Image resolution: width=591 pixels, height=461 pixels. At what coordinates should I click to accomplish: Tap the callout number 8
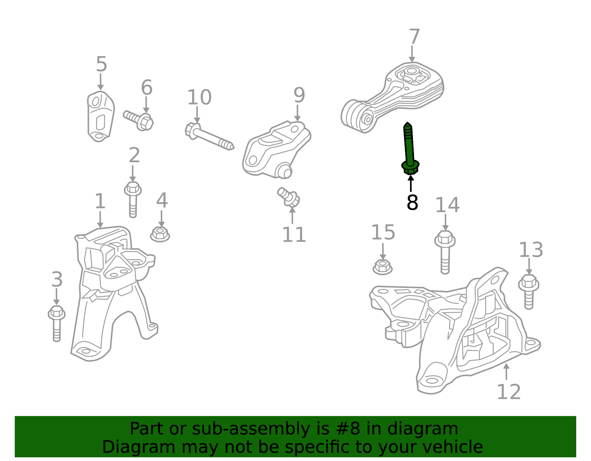pos(412,202)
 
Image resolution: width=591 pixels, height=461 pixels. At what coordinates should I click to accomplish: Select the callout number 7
pos(414,37)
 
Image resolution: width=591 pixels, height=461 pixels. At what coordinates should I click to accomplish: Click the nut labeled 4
pos(160,234)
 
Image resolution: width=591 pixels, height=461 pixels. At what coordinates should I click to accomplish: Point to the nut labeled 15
pos(382,267)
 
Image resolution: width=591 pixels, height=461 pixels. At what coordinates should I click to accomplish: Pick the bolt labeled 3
pos(57,323)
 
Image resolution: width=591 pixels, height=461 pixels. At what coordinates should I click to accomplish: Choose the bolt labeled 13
pos(529,292)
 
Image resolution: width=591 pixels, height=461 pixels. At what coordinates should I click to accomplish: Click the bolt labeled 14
pos(445,252)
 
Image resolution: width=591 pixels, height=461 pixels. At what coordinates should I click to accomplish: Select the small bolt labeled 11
pos(288,197)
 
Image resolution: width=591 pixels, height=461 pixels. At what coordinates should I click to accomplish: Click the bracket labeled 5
pos(100,116)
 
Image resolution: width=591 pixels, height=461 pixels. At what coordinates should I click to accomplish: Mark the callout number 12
pos(509,392)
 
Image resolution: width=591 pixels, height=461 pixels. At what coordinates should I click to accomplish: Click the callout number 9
pos(299,95)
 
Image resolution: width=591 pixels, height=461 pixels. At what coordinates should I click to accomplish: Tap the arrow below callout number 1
pos(100,220)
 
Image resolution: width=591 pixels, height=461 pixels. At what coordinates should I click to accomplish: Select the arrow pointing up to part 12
pos(506,371)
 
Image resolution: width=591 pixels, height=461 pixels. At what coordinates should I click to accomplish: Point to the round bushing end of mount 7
pos(357,116)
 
